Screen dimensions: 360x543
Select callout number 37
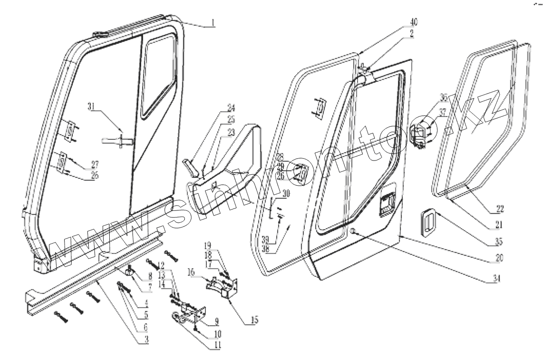[443, 113]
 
